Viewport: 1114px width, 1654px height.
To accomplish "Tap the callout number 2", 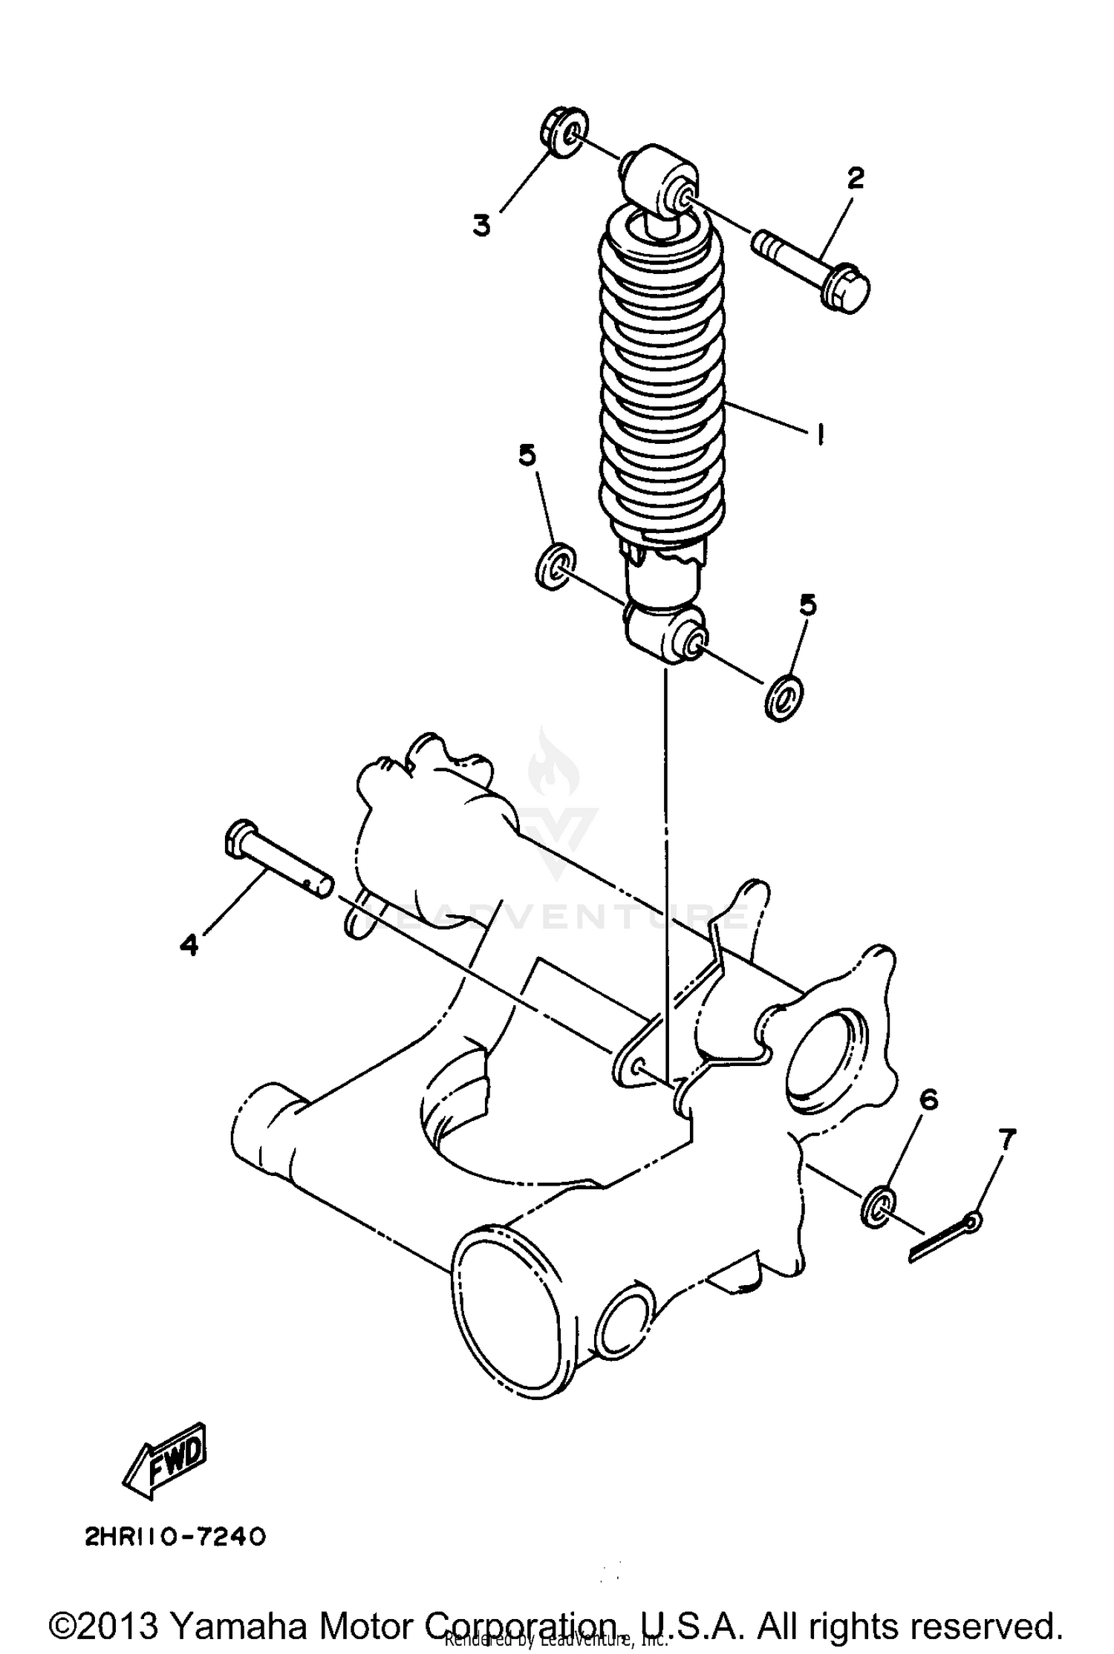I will pos(856,179).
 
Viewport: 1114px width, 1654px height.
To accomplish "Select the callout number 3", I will pos(483,224).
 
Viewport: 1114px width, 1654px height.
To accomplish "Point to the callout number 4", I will pos(189,945).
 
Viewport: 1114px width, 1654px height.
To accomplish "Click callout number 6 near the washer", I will pos(928,1099).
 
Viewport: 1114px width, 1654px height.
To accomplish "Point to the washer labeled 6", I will pos(880,1206).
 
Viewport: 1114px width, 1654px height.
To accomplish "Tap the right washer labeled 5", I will pos(784,697).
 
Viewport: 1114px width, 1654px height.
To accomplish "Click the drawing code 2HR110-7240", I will pos(175,1536).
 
